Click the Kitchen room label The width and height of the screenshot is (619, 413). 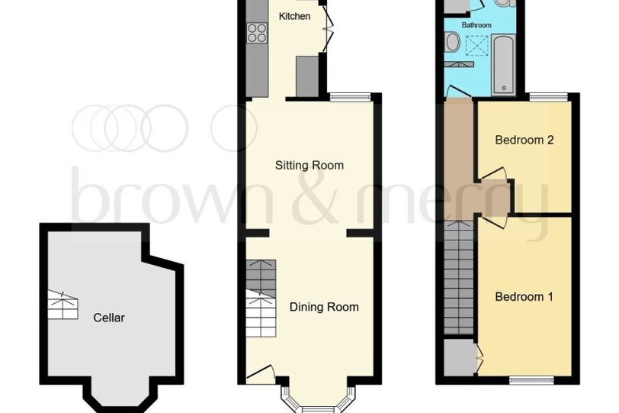[294, 16]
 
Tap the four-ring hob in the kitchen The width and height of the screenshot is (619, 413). [257, 33]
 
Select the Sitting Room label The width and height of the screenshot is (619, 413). [309, 165]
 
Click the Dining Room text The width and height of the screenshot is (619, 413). [324, 307]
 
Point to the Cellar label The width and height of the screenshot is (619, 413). [109, 318]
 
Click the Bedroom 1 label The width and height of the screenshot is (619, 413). [524, 296]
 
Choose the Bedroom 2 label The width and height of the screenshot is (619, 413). [524, 140]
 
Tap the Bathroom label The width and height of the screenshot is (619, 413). [476, 25]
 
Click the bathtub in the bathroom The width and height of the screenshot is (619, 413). [504, 64]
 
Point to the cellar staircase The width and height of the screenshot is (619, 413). [63, 305]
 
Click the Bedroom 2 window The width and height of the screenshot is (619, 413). [549, 96]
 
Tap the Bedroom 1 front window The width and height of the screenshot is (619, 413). [532, 380]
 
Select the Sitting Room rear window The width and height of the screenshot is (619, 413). [350, 96]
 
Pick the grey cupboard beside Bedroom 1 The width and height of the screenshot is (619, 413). [459, 358]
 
